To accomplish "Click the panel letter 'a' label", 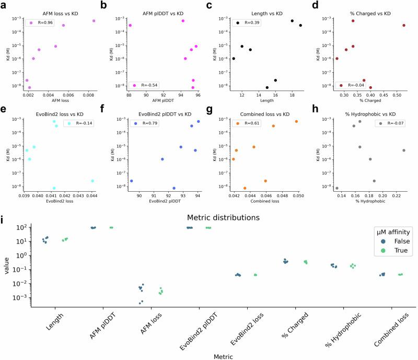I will (x=4, y=5).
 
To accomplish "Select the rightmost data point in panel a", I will (x=94, y=21).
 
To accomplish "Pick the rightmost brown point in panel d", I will (x=404, y=25).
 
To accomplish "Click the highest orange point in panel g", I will (x=296, y=121).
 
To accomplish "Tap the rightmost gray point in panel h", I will (x=404, y=150).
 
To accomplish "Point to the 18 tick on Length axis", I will (x=292, y=95).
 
